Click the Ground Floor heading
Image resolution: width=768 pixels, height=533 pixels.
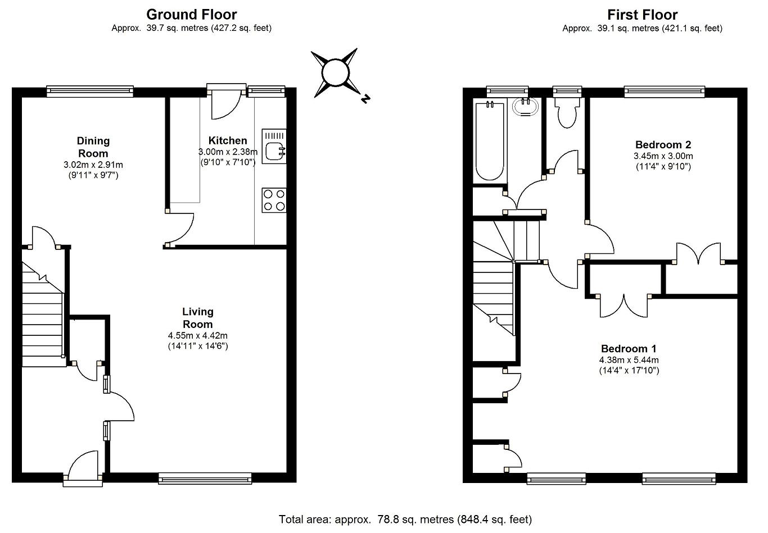coord(192,15)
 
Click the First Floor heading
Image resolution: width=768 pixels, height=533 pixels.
coord(642,15)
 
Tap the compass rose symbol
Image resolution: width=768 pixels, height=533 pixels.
coord(336,72)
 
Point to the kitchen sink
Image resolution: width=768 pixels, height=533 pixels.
coord(274,146)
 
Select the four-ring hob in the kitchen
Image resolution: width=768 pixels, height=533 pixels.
coord(274,200)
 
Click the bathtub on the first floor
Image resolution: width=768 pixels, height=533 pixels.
coord(490,141)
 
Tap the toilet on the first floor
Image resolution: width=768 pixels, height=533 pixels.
coord(567,113)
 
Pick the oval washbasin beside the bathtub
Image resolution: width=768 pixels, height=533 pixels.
coord(525,107)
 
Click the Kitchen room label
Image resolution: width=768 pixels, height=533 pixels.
coord(228,140)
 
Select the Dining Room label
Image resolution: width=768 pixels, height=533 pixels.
coord(93,147)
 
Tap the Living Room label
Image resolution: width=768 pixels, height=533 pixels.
coord(198,318)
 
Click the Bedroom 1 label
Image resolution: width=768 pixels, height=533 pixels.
coord(629,349)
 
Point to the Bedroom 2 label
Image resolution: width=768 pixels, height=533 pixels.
coord(663,144)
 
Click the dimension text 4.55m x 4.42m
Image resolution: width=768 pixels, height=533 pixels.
coord(198,336)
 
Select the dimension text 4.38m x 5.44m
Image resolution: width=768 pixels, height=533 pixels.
coord(629,360)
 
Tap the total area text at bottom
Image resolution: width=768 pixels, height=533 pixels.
coord(405,520)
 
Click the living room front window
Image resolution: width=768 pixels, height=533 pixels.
coord(205,478)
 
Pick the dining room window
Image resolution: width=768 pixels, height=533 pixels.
coord(90,91)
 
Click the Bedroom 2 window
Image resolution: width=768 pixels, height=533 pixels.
coord(665,91)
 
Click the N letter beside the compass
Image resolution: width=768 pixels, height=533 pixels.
coord(365,99)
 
